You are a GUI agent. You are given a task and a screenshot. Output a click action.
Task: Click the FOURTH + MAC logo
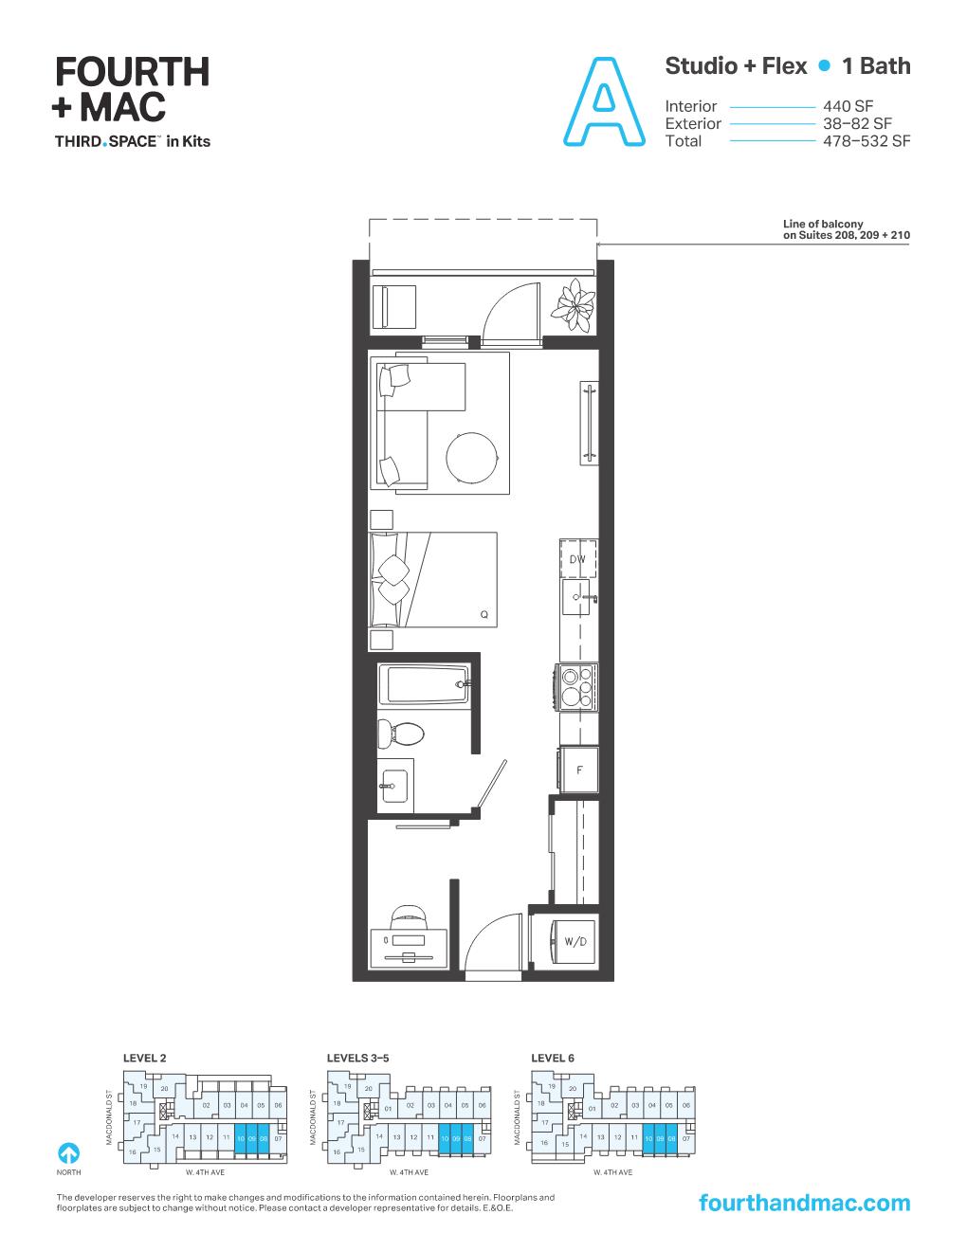(x=131, y=89)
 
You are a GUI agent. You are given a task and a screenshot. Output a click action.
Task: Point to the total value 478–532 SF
(x=867, y=141)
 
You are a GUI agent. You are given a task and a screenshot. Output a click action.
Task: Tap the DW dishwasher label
(x=577, y=560)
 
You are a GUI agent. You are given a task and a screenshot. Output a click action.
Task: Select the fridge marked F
(x=579, y=770)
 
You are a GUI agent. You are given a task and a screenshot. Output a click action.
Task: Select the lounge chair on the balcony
(x=394, y=306)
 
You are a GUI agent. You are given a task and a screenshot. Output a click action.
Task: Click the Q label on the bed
(x=483, y=614)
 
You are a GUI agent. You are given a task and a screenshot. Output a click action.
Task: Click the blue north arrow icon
(x=68, y=1152)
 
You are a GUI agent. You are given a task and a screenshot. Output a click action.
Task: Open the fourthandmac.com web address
(x=803, y=1203)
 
